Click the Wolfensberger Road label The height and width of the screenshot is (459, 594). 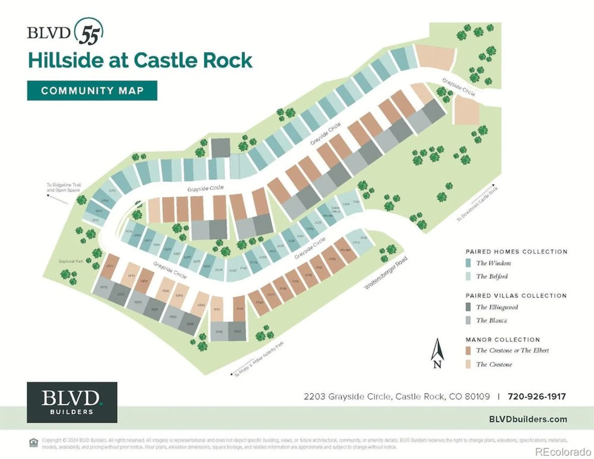[385, 273]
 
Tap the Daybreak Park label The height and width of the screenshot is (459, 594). [71, 261]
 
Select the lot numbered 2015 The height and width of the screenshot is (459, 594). [219, 331]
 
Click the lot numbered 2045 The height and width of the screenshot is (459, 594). [259, 302]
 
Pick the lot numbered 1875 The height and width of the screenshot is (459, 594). [104, 287]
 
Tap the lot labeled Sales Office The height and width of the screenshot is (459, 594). [336, 209]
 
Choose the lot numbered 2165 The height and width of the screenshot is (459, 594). [332, 259]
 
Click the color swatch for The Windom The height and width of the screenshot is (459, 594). [468, 263]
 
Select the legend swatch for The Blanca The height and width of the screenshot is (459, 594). [468, 320]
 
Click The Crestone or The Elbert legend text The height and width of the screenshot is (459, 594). [512, 350]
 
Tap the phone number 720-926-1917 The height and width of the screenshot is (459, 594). [536, 397]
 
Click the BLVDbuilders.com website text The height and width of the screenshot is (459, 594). [528, 419]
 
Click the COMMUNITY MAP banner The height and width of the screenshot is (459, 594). [92, 91]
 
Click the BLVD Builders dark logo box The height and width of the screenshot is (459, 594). [72, 402]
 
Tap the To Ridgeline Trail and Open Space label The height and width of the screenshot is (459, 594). [63, 187]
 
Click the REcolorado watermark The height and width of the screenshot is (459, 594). [563, 452]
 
